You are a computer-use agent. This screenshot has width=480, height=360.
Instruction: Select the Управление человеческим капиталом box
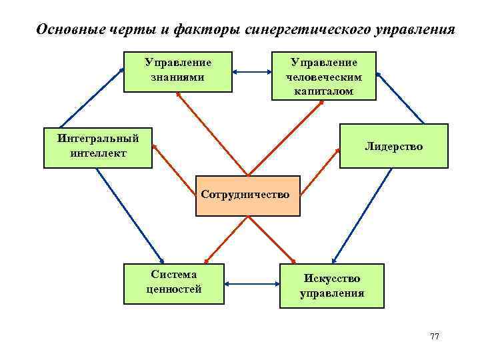click(323, 76)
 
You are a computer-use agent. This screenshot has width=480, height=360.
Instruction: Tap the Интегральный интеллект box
click(98, 146)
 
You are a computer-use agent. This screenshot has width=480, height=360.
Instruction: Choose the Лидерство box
click(394, 146)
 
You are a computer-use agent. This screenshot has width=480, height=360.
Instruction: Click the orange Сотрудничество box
click(247, 196)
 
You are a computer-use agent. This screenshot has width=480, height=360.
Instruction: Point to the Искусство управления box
click(332, 286)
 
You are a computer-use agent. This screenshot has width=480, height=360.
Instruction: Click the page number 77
click(434, 336)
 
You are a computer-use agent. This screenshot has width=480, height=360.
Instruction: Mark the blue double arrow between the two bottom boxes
click(252, 283)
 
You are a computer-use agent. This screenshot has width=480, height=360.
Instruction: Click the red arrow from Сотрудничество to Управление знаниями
click(212, 133)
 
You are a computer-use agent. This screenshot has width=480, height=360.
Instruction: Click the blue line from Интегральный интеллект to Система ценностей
click(129, 213)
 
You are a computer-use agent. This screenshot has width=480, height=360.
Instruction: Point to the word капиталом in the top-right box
click(323, 90)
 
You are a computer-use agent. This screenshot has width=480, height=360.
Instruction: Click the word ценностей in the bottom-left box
click(174, 289)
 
